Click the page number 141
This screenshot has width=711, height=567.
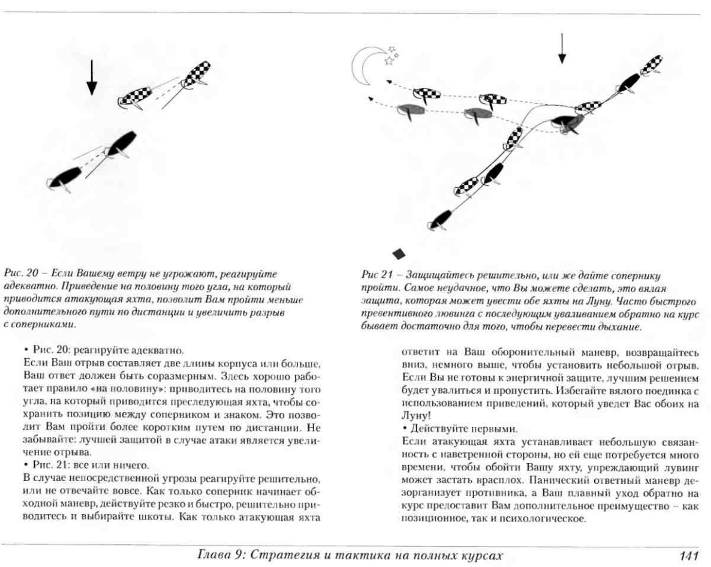689,556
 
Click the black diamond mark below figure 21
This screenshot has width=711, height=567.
399,254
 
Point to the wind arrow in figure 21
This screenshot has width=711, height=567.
562,48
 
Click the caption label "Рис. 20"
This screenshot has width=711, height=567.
21,273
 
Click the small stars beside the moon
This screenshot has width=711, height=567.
391,56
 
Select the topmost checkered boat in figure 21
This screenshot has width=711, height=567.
651,65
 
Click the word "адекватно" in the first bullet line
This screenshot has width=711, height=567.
157,350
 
